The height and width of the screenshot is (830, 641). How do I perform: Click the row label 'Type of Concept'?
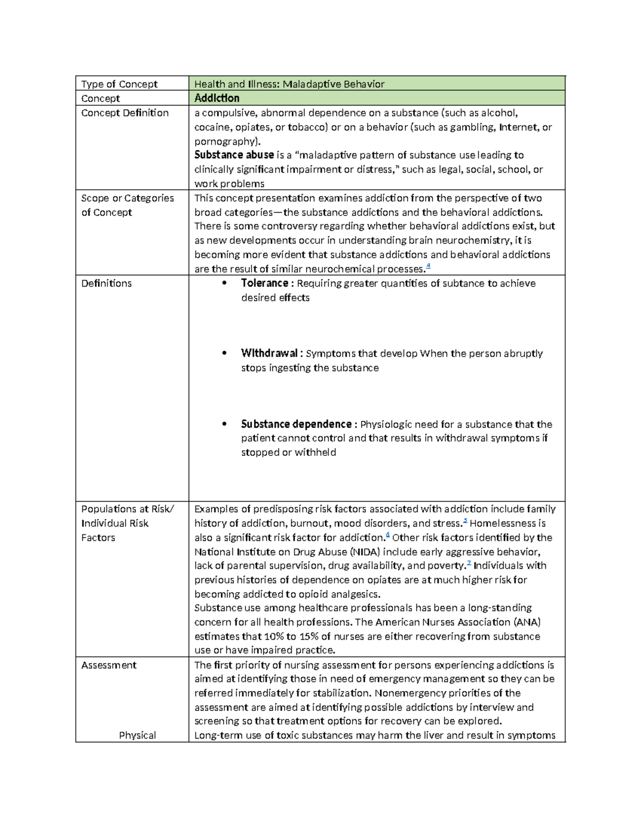tap(119, 84)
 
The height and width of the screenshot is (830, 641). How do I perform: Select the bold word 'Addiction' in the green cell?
tap(217, 98)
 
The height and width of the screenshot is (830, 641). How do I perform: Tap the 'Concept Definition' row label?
tap(124, 113)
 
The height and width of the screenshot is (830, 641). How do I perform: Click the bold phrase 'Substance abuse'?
tap(234, 155)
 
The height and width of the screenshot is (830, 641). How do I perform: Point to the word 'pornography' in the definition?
tap(225, 141)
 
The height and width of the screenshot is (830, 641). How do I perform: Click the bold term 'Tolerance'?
tap(264, 283)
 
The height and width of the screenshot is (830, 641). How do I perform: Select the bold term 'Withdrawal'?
tap(269, 353)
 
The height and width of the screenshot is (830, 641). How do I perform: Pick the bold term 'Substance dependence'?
tap(296, 424)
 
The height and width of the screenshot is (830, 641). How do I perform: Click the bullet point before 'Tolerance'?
tap(224, 284)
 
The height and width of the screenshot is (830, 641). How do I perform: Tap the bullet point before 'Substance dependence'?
tap(224, 424)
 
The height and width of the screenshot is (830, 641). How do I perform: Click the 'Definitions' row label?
tap(106, 283)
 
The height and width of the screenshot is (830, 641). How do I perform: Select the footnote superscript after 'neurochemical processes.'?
tap(428, 267)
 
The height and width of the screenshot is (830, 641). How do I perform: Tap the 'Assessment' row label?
tap(108, 665)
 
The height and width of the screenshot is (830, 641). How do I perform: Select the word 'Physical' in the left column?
tap(137, 735)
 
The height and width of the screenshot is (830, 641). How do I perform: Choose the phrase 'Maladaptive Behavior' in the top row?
tap(333, 84)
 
